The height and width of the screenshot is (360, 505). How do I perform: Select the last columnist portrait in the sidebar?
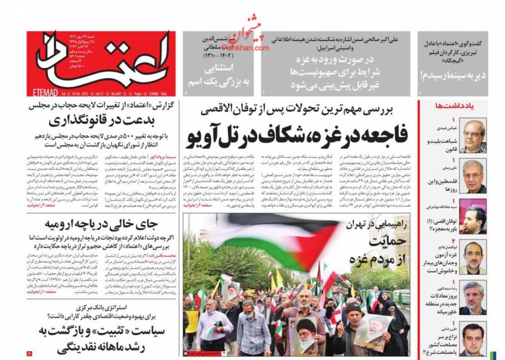click(472, 339)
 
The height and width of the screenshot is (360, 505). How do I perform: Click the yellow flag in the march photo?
click(280, 278)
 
